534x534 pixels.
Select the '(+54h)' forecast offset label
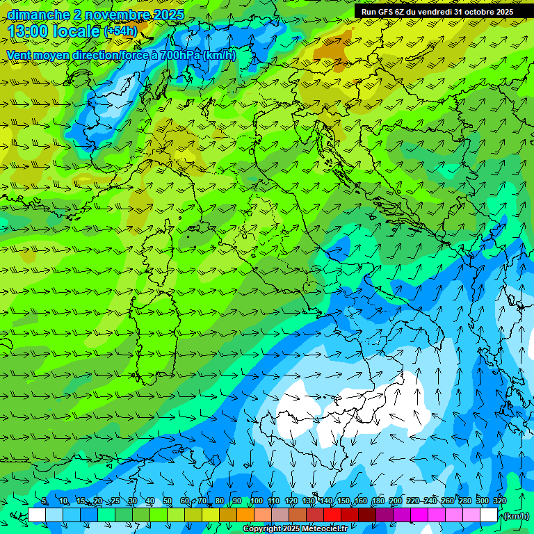tap(120, 31)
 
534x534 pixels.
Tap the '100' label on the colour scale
tap(256, 501)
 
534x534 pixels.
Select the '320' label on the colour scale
tap(500, 501)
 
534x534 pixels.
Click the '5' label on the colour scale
tap(44, 501)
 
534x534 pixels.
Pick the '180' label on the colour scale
tap(378, 501)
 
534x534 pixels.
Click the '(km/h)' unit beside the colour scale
tap(515, 515)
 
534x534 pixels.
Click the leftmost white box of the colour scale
tap(37, 515)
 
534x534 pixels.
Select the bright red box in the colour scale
tap(332, 515)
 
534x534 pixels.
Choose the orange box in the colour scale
tap(245, 515)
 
